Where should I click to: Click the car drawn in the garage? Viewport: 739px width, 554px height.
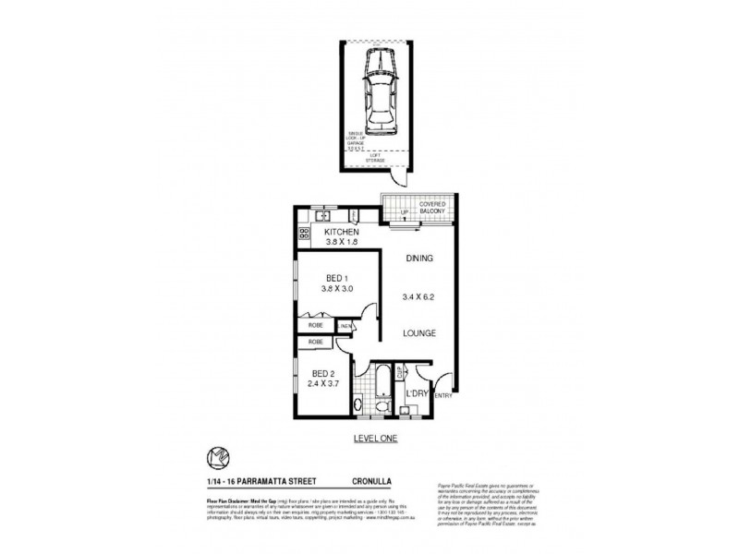tap(380, 92)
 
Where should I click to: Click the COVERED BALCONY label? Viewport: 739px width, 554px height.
tap(432, 208)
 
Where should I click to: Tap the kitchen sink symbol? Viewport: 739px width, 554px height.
tap(319, 216)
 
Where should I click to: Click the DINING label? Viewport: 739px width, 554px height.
tap(418, 259)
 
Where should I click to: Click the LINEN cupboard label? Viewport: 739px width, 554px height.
tap(345, 326)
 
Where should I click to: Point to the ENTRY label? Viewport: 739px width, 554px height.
tap(442, 396)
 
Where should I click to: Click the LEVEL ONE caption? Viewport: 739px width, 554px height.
tap(375, 439)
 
